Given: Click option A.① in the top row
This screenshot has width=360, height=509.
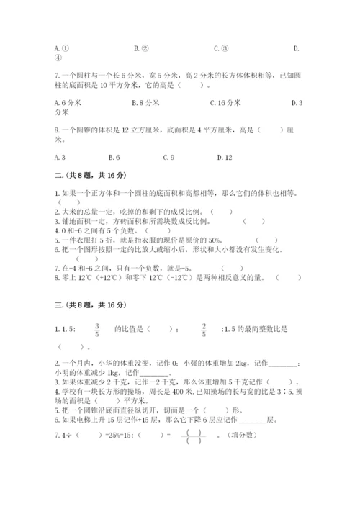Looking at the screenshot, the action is click(x=59, y=48).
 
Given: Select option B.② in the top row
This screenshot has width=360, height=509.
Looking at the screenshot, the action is click(x=141, y=48).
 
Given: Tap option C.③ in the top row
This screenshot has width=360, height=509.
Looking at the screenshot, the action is click(x=221, y=48).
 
